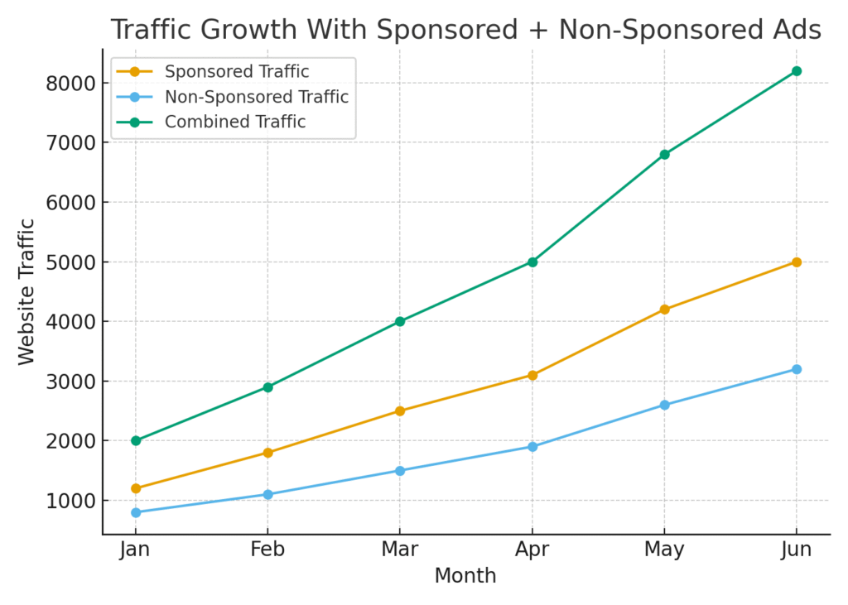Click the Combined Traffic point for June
(796, 71)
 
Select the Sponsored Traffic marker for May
(664, 310)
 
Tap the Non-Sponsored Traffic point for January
(136, 512)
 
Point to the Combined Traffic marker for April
(532, 262)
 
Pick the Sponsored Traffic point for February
(267, 453)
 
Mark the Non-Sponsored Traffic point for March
(400, 470)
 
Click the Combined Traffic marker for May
(664, 154)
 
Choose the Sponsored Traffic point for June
(796, 262)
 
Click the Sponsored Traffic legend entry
(237, 72)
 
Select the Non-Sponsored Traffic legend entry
(257, 97)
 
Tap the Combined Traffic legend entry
(235, 122)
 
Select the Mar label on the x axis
(400, 550)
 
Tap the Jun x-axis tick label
(796, 550)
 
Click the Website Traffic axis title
(27, 291)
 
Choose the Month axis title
(465, 576)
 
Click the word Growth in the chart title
(256, 30)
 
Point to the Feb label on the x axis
(267, 550)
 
